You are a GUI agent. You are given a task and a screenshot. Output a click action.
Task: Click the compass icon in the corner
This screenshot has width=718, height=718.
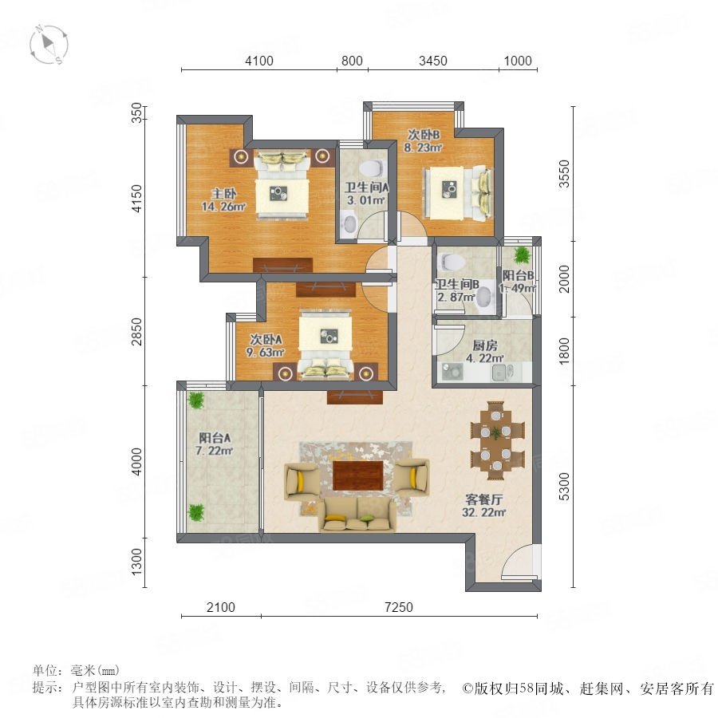click(49, 45)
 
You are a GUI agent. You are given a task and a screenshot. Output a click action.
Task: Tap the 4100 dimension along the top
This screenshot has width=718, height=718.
click(259, 61)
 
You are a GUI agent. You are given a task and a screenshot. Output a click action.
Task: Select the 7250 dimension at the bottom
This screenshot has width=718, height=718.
click(399, 607)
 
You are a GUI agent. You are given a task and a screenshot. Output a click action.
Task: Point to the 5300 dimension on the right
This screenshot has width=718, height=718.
click(565, 487)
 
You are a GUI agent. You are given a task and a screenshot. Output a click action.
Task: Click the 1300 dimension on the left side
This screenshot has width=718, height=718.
click(137, 562)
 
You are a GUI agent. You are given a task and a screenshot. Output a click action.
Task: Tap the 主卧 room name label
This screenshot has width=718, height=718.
click(223, 194)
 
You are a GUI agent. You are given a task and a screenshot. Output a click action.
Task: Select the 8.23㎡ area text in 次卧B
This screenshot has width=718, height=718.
click(423, 148)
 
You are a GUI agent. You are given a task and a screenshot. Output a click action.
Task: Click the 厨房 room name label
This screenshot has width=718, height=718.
click(485, 345)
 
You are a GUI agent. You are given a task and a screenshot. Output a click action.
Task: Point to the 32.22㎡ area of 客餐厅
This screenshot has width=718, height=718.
click(484, 512)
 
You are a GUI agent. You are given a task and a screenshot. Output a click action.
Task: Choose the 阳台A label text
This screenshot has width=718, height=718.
click(215, 438)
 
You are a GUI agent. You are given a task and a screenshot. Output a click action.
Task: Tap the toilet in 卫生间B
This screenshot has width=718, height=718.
click(452, 262)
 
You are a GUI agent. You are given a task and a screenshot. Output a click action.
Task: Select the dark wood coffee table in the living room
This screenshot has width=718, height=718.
click(358, 475)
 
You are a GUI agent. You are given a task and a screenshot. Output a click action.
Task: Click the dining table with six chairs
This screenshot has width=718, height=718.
click(497, 440)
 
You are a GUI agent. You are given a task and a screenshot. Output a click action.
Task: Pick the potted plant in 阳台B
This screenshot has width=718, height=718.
click(521, 255)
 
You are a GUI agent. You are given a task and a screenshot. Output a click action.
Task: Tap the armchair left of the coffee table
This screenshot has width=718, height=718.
click(302, 481)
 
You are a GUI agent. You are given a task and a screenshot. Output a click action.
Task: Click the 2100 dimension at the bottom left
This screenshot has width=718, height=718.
click(221, 607)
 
